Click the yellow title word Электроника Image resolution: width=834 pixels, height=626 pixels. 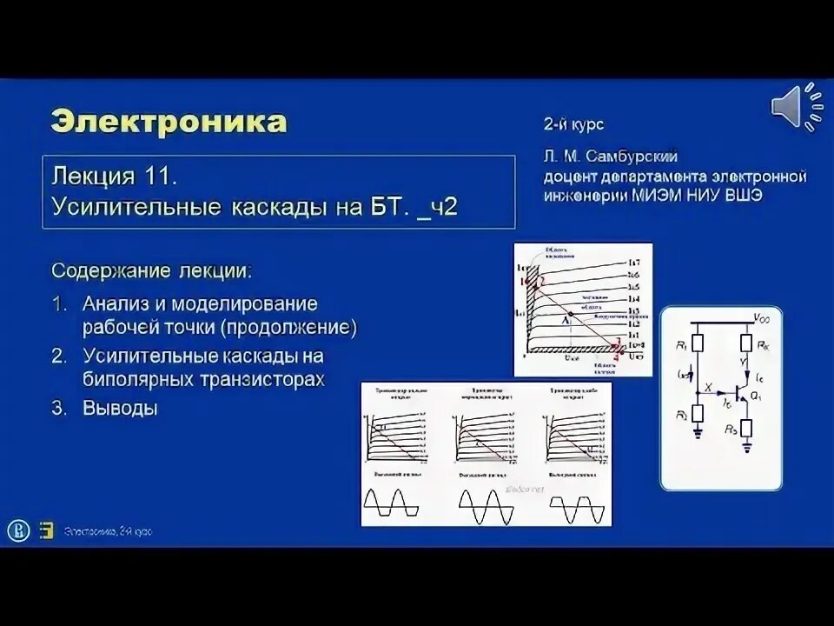(169, 121)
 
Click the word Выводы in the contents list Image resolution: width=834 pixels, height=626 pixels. (120, 408)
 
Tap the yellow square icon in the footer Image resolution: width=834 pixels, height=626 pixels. (47, 531)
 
